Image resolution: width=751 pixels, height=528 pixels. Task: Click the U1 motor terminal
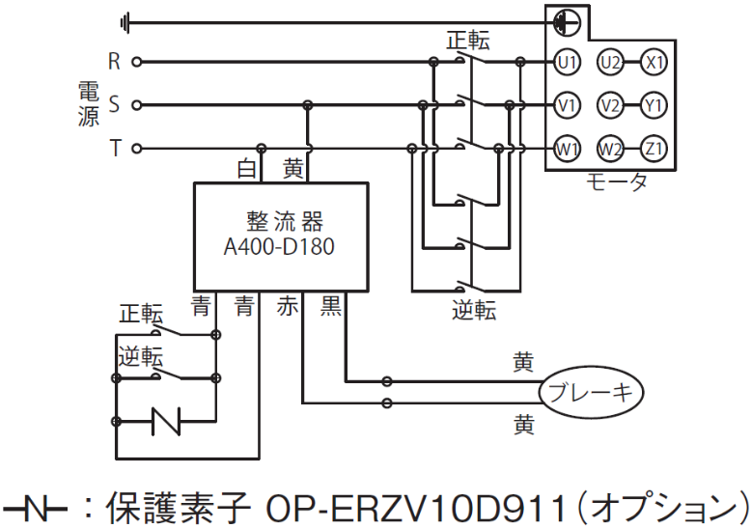tap(567, 63)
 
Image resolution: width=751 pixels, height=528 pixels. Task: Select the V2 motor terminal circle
tap(610, 105)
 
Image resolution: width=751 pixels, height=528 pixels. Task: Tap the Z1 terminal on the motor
tap(654, 149)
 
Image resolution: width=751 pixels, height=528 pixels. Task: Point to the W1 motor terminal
tap(567, 149)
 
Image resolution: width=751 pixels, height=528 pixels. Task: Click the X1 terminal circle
tap(654, 63)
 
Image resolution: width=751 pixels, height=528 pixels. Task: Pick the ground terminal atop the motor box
tap(567, 22)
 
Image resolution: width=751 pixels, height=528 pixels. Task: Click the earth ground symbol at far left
tap(125, 22)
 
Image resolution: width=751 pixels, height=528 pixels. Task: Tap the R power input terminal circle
tap(136, 62)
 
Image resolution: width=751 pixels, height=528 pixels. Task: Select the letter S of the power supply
tap(114, 104)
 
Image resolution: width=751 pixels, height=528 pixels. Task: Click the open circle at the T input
tap(136, 149)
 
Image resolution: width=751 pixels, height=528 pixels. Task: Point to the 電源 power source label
tap(89, 104)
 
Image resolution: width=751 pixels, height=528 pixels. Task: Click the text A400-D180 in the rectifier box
tap(279, 247)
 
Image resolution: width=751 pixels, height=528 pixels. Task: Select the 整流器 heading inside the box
tap(285, 221)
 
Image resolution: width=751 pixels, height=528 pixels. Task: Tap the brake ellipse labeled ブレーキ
tap(591, 393)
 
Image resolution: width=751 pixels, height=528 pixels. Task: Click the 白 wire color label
tap(247, 169)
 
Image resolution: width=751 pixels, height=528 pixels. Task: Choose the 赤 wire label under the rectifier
tap(288, 306)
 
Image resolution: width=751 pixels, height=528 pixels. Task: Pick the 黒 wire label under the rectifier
tap(330, 306)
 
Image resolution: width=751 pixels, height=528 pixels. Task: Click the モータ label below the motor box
tap(617, 181)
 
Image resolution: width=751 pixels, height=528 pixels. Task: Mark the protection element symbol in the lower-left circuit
tap(166, 421)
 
